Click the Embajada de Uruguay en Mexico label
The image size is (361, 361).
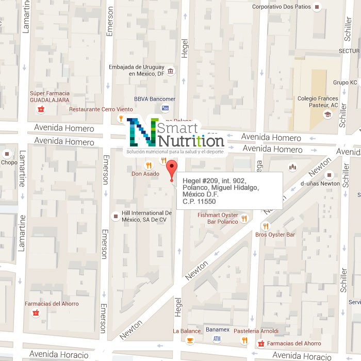[x=137, y=71]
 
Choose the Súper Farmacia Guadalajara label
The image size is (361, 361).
[x=50, y=96]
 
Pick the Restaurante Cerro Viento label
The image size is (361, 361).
[x=101, y=109]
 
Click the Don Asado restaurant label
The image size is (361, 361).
[x=145, y=174]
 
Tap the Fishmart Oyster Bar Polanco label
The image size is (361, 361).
[x=218, y=218]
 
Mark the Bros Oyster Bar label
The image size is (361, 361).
[x=275, y=235]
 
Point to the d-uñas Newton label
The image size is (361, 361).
[x=320, y=183]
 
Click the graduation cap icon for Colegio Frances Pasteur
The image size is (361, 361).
[x=326, y=114]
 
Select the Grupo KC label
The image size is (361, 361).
[x=345, y=83]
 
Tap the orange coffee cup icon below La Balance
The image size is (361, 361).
[x=190, y=340]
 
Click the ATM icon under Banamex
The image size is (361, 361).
[x=217, y=339]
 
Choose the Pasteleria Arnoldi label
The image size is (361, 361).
[x=256, y=331]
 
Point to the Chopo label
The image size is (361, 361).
[x=9, y=162]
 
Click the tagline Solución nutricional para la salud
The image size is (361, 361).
[x=175, y=152]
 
